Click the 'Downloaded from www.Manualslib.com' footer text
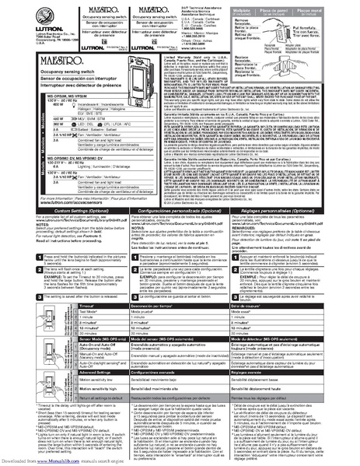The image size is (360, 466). point(39,461)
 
